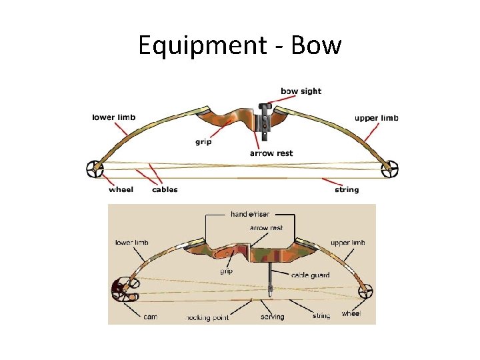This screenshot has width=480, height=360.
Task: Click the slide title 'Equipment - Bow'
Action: point(240,46)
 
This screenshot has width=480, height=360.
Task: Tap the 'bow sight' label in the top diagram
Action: point(301,91)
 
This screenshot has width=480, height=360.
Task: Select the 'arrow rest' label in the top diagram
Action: point(271,153)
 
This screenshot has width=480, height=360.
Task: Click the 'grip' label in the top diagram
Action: point(203,141)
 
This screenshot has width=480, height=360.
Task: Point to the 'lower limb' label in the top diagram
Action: point(113,117)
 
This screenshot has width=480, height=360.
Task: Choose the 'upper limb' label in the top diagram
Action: point(377,118)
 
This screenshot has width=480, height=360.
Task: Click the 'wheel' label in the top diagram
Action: point(121,189)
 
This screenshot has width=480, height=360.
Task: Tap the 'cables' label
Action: point(165,189)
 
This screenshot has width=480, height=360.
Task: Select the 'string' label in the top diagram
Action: point(347,189)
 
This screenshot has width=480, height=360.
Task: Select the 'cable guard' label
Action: point(310,275)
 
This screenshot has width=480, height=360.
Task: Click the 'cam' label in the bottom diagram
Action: point(151,317)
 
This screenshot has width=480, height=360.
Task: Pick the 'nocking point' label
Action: point(207,317)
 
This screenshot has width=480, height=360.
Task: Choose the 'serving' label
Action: point(272,317)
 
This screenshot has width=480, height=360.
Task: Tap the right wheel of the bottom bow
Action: point(366,292)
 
